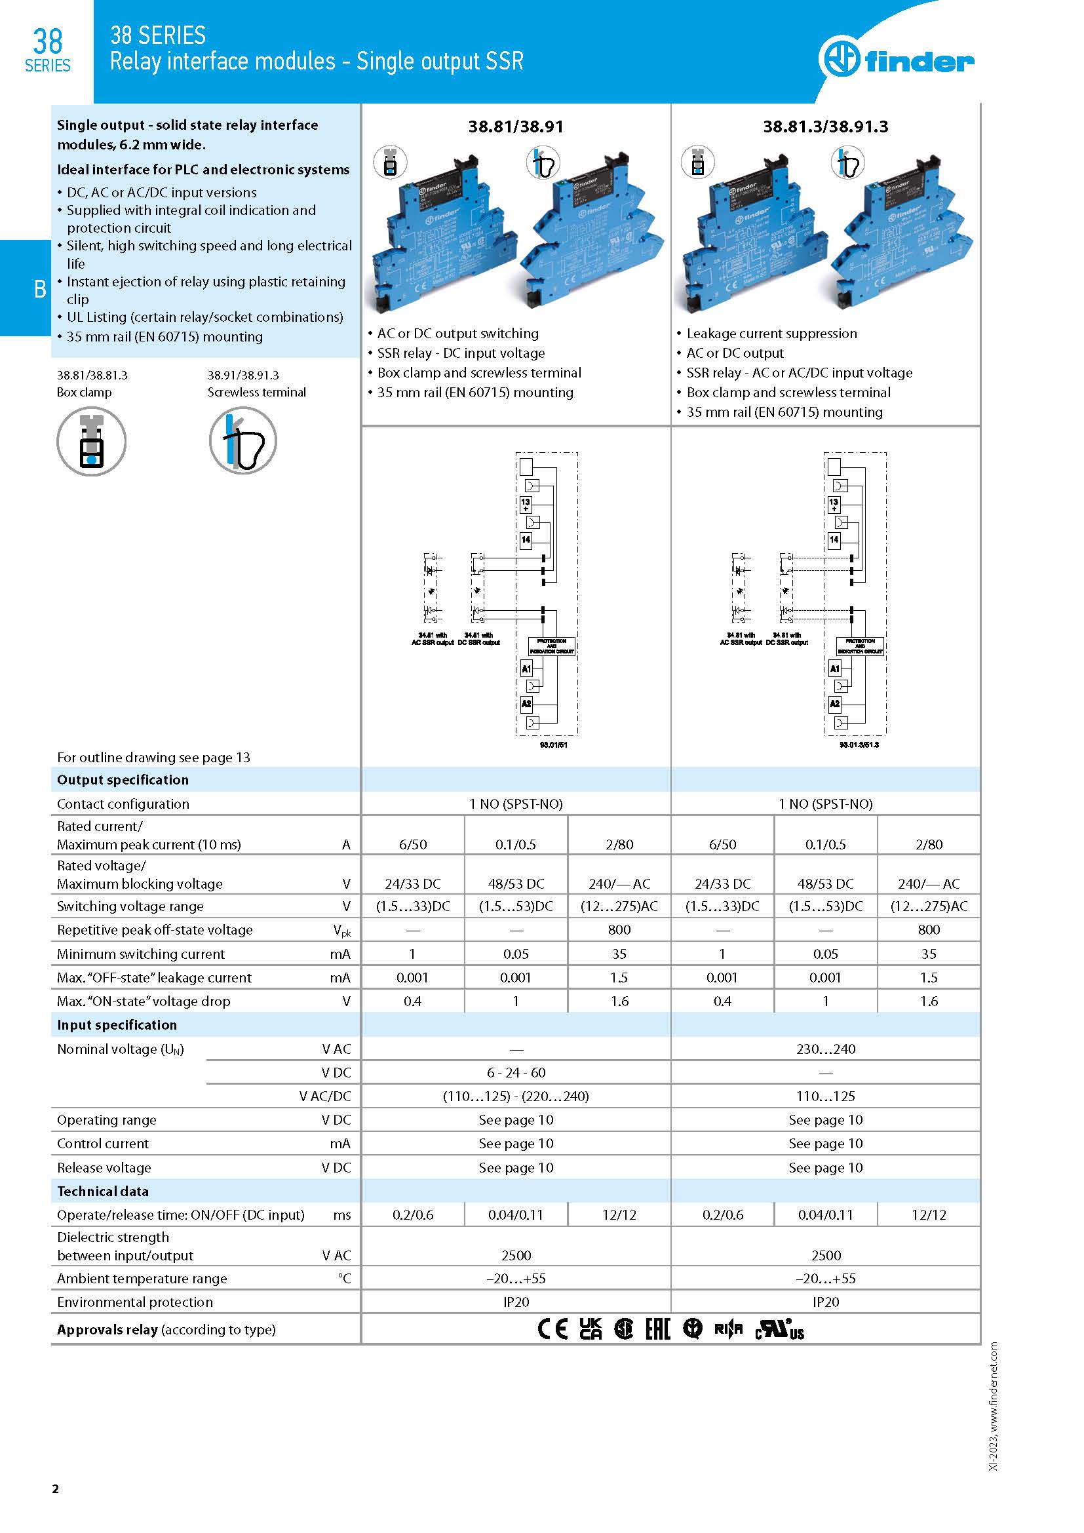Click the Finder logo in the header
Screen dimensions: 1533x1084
coord(897,61)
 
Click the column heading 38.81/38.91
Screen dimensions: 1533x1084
coord(515,127)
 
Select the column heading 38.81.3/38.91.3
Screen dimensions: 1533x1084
coord(825,127)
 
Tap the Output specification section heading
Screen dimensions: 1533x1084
coord(123,780)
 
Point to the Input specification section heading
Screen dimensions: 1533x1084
coord(117,1025)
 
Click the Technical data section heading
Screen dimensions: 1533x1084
coord(103,1191)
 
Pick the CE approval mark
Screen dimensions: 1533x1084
coord(552,1329)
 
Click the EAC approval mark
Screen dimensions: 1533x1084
coord(657,1329)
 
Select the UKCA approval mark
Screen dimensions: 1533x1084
coord(590,1329)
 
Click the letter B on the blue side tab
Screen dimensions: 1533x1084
coord(40,289)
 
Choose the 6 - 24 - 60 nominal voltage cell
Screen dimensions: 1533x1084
coord(516,1073)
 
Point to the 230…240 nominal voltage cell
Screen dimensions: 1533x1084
coord(825,1049)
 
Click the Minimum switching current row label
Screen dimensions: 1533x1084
coord(141,954)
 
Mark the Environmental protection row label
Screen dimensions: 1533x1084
coord(135,1302)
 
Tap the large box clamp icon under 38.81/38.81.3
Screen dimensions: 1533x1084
coord(92,441)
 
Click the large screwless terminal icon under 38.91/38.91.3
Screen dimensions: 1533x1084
coord(243,441)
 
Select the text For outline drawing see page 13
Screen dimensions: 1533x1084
coord(153,757)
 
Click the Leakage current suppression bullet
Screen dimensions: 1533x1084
coord(771,334)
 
